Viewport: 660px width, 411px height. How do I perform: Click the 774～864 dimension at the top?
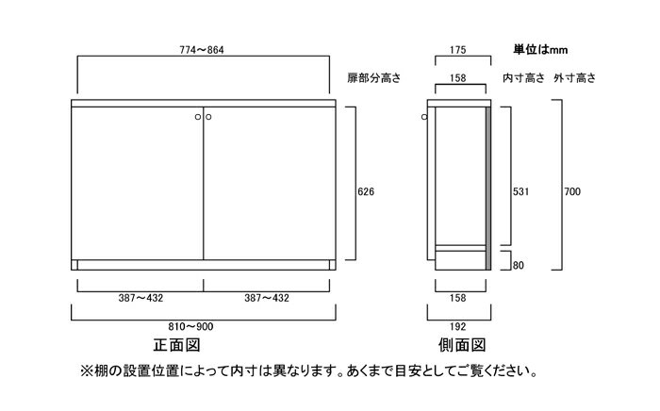[202, 50]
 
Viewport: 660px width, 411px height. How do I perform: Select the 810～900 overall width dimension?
[190, 326]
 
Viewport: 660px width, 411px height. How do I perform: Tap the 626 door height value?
[366, 191]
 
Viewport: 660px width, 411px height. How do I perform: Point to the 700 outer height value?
[572, 191]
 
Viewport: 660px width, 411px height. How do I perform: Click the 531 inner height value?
[520, 191]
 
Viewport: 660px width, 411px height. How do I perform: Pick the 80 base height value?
[519, 266]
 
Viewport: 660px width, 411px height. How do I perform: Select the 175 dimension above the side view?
[457, 50]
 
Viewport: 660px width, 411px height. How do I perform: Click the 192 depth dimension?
[457, 326]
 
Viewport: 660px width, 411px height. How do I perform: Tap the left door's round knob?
[198, 117]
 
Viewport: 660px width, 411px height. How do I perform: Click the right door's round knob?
[208, 117]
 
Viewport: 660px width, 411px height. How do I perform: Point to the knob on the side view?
[424, 117]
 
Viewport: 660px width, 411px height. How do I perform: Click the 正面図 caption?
[177, 345]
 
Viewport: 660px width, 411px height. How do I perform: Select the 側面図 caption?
[462, 345]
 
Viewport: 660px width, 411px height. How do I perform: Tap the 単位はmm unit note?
[540, 50]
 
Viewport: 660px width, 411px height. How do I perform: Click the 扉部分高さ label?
[373, 78]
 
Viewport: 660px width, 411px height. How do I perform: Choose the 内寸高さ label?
[523, 78]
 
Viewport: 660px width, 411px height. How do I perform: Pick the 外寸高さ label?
[575, 78]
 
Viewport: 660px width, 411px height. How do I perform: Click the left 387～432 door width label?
[140, 298]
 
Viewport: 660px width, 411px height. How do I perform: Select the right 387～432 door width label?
[267, 298]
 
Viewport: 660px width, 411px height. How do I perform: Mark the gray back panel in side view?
[488, 189]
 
